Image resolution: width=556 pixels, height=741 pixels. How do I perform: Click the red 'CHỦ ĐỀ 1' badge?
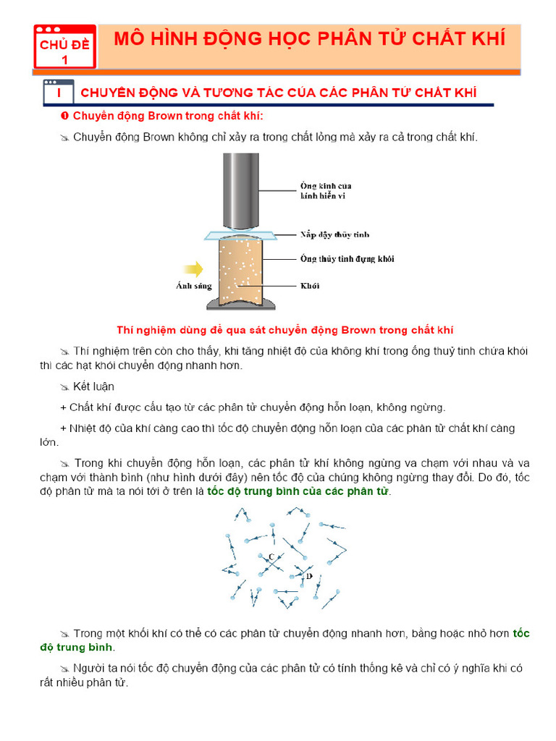click(x=64, y=48)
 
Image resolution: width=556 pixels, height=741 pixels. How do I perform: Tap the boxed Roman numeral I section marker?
click(x=57, y=93)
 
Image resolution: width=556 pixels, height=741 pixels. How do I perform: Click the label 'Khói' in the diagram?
click(x=310, y=286)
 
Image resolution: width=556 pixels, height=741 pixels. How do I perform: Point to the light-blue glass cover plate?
click(x=240, y=235)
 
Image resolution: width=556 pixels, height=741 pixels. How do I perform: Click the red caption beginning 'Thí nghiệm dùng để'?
click(x=285, y=330)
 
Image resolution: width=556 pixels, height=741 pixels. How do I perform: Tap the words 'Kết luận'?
click(x=93, y=386)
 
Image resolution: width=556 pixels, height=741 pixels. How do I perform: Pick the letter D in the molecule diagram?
click(x=309, y=576)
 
